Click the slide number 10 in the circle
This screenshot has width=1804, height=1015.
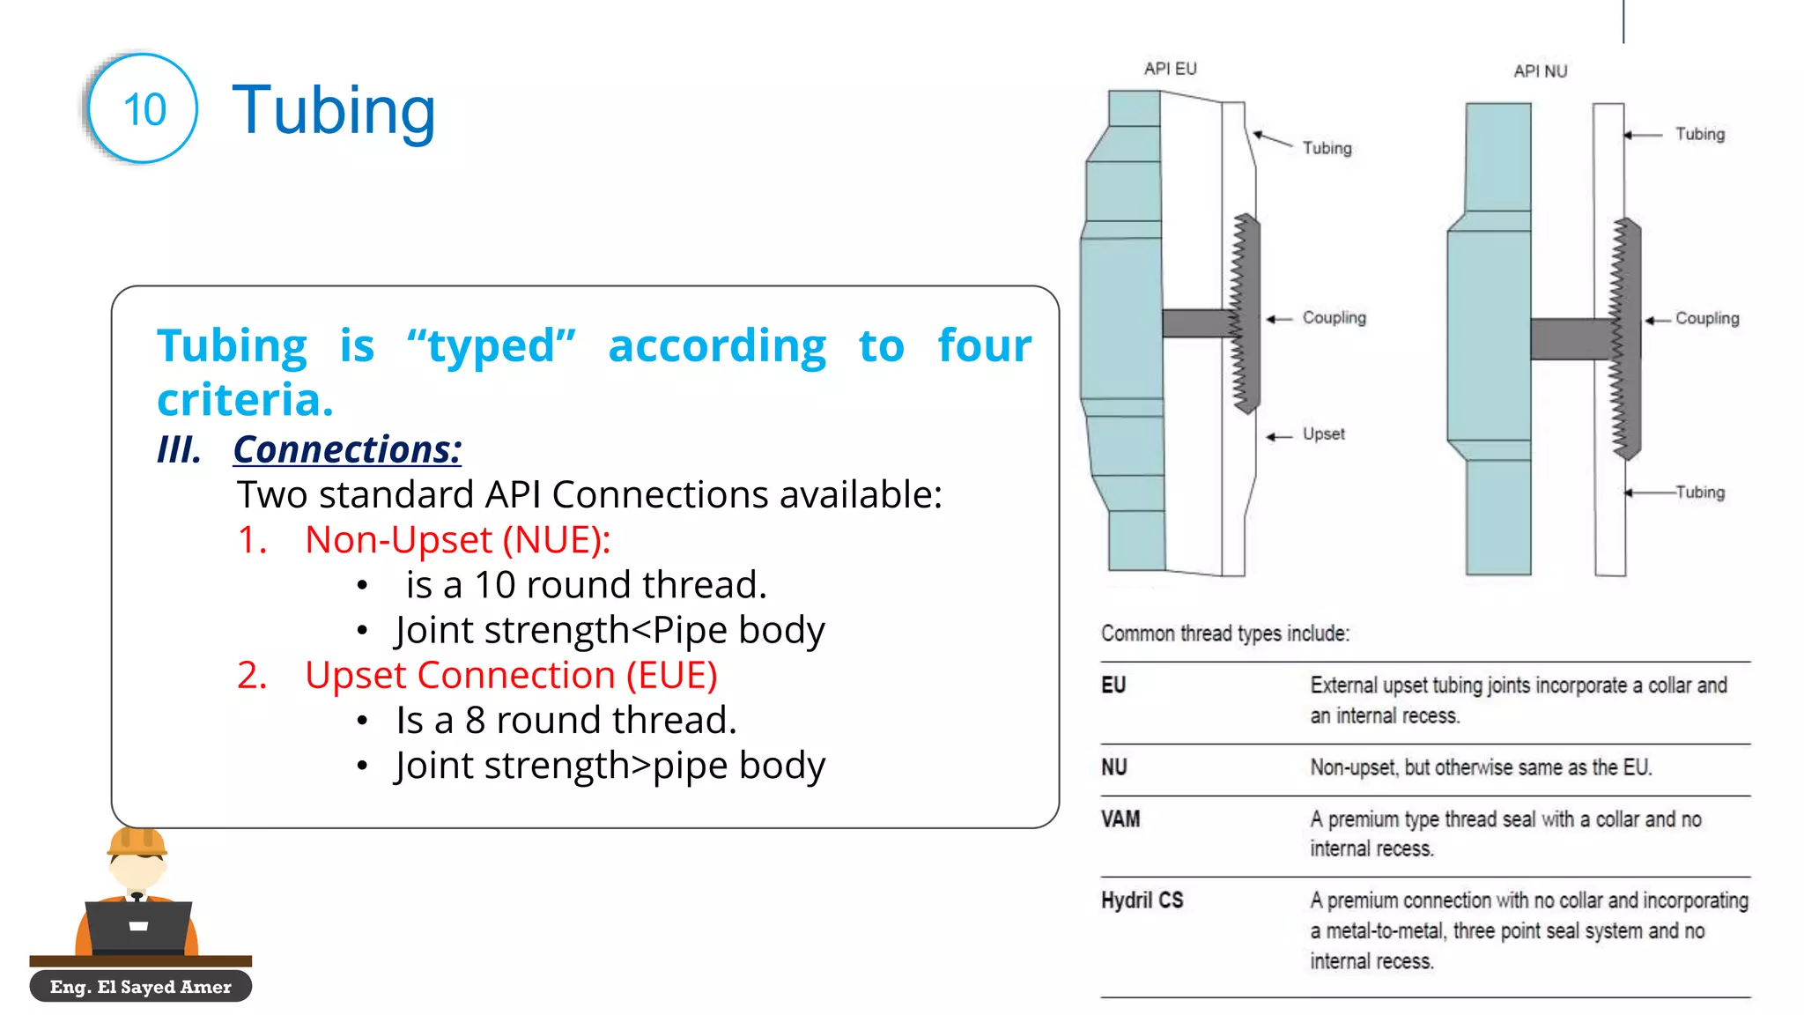pyautogui.click(x=144, y=110)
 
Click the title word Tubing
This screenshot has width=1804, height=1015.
pyautogui.click(x=334, y=111)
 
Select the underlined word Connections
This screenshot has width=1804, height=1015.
pyautogui.click(x=347, y=449)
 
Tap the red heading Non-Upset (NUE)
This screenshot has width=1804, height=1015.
pyautogui.click(x=457, y=540)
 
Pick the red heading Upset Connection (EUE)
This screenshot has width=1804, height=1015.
pyautogui.click(x=511, y=676)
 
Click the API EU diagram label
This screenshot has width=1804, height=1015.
pyautogui.click(x=1170, y=69)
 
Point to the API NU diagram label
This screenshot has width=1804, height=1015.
pyautogui.click(x=1540, y=71)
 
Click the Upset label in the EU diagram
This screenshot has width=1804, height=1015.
pyautogui.click(x=1323, y=434)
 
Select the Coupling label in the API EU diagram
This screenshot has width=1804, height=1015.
pyautogui.click(x=1334, y=318)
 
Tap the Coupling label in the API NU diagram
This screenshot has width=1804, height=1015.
pyautogui.click(x=1706, y=319)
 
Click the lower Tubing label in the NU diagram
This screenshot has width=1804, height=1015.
pyautogui.click(x=1699, y=493)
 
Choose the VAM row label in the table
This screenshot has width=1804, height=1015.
pyautogui.click(x=1120, y=819)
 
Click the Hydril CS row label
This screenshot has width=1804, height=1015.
pyautogui.click(x=1142, y=900)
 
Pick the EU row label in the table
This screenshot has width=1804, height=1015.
pyautogui.click(x=1113, y=685)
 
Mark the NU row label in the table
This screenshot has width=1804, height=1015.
pyautogui.click(x=1114, y=767)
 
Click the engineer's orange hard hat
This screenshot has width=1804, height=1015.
pyautogui.click(x=137, y=841)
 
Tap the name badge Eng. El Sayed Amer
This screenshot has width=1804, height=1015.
pyautogui.click(x=141, y=987)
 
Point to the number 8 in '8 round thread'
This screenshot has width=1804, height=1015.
pyautogui.click(x=475, y=721)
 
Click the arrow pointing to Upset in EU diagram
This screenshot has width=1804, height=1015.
pyautogui.click(x=1279, y=436)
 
